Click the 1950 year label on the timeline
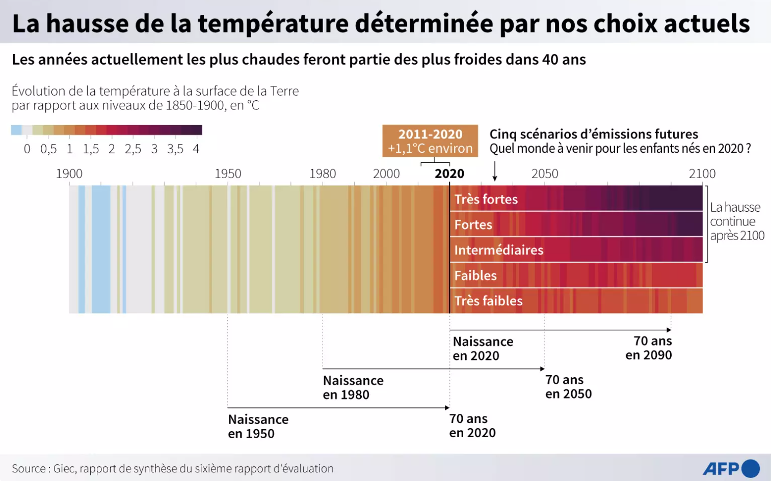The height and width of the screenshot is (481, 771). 228,174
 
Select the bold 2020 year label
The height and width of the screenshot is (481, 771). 449,174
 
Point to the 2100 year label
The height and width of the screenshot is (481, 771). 702,174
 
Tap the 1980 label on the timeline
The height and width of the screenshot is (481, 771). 323,174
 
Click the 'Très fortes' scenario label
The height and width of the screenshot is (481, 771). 486,199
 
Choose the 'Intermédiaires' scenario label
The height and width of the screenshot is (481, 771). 499,250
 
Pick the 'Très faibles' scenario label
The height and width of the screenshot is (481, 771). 488,301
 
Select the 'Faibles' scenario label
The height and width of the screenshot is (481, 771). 475,275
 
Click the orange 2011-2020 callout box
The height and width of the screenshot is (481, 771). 430,141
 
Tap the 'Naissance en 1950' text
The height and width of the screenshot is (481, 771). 258,427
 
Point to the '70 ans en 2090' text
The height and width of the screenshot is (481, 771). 649,348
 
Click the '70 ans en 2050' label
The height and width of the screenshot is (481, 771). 568,387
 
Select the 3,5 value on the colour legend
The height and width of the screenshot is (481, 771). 175,149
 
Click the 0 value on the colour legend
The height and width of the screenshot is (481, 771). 27,149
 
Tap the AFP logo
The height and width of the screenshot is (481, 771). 731,468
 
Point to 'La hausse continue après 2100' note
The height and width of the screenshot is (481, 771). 737,221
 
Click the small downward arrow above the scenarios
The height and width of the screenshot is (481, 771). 495,171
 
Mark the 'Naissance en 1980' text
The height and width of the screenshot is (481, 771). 353,387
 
